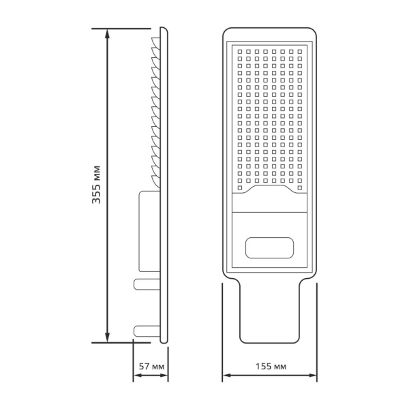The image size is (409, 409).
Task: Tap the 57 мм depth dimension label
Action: coord(151,367)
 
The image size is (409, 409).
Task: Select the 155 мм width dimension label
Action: coord(271,367)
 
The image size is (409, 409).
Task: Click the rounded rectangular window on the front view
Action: coord(270,247)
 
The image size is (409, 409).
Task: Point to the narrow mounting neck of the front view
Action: coord(270,314)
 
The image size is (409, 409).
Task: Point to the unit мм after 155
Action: coord(279,367)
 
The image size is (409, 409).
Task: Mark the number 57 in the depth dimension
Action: coord(144,367)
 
